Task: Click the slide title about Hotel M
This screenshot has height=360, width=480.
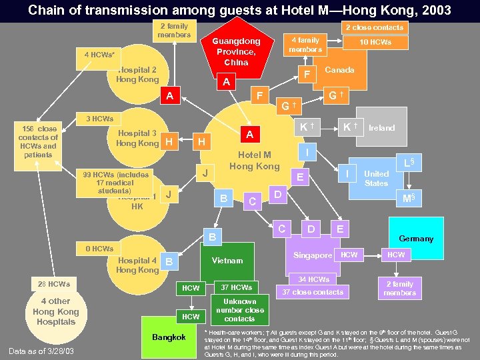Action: pyautogui.click(x=240, y=11)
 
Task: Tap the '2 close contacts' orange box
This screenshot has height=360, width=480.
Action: pyautogui.click(x=374, y=27)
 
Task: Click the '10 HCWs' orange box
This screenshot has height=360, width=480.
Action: pyautogui.click(x=376, y=42)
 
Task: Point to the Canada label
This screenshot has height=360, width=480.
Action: pyautogui.click(x=339, y=70)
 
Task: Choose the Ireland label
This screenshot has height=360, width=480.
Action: pyautogui.click(x=381, y=127)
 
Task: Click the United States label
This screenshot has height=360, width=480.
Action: pyautogui.click(x=376, y=178)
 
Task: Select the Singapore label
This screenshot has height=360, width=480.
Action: pyautogui.click(x=312, y=255)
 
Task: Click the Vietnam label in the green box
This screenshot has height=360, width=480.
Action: pyautogui.click(x=227, y=260)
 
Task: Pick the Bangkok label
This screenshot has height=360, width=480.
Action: pyautogui.click(x=169, y=337)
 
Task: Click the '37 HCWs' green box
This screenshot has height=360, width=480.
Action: pyautogui.click(x=236, y=287)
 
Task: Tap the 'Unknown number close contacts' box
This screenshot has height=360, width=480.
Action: pyautogui.click(x=240, y=310)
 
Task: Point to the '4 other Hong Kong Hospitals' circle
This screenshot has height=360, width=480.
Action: pyautogui.click(x=55, y=311)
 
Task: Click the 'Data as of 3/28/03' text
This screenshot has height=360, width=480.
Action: pyautogui.click(x=41, y=351)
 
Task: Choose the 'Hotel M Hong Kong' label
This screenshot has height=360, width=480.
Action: pyautogui.click(x=254, y=161)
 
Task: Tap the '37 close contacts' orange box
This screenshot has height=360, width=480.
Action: pyautogui.click(x=313, y=292)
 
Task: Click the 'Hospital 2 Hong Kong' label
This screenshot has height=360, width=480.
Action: pyautogui.click(x=137, y=75)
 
